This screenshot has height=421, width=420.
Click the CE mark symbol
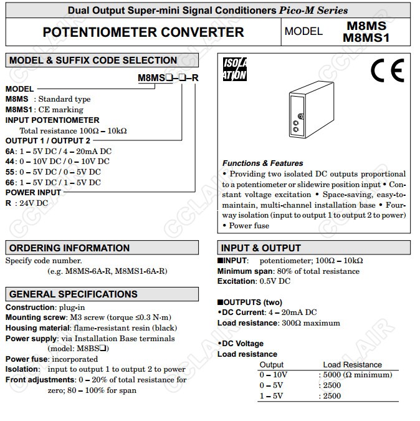point(387,72)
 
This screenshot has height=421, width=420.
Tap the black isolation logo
point(235,69)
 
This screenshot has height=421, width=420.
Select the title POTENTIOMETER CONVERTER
point(143,32)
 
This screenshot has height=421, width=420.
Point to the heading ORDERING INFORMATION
point(69,248)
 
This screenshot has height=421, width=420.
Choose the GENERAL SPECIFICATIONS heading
point(73,294)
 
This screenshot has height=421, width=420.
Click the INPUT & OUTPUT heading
point(260,248)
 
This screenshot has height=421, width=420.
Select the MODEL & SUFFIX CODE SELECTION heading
point(93,60)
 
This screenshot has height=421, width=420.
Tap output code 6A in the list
point(10,152)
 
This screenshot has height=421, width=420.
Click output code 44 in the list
point(10,162)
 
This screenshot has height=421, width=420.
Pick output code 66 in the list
point(10,183)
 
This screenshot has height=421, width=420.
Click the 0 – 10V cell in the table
point(274,375)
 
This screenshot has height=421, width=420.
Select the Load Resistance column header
point(352,365)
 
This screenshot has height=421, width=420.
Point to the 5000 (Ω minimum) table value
point(359,375)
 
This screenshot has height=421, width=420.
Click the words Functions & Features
point(262,163)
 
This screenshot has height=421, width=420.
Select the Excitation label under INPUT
point(237,281)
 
